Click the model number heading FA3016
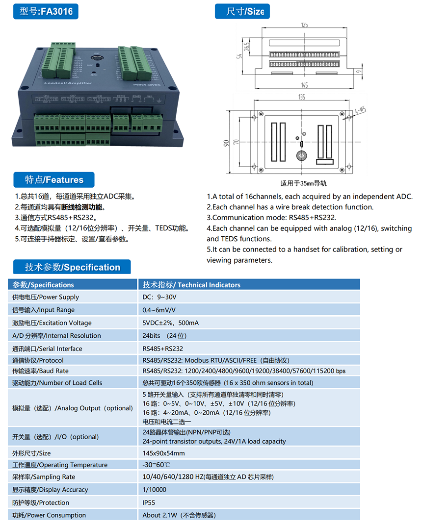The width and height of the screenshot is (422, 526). point(46,12)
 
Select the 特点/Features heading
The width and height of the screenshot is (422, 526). point(54,180)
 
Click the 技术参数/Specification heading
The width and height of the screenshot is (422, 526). point(72,267)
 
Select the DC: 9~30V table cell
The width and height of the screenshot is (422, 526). point(159,297)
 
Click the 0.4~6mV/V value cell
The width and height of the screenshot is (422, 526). point(159,310)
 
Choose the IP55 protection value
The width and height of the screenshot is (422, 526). point(150,502)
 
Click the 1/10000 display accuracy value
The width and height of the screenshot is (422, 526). point(154,490)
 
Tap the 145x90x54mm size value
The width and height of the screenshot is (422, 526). point(163,453)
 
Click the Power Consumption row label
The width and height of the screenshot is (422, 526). point(49,515)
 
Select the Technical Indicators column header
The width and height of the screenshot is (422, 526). point(191,285)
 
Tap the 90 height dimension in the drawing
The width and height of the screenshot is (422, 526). point(227,143)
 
